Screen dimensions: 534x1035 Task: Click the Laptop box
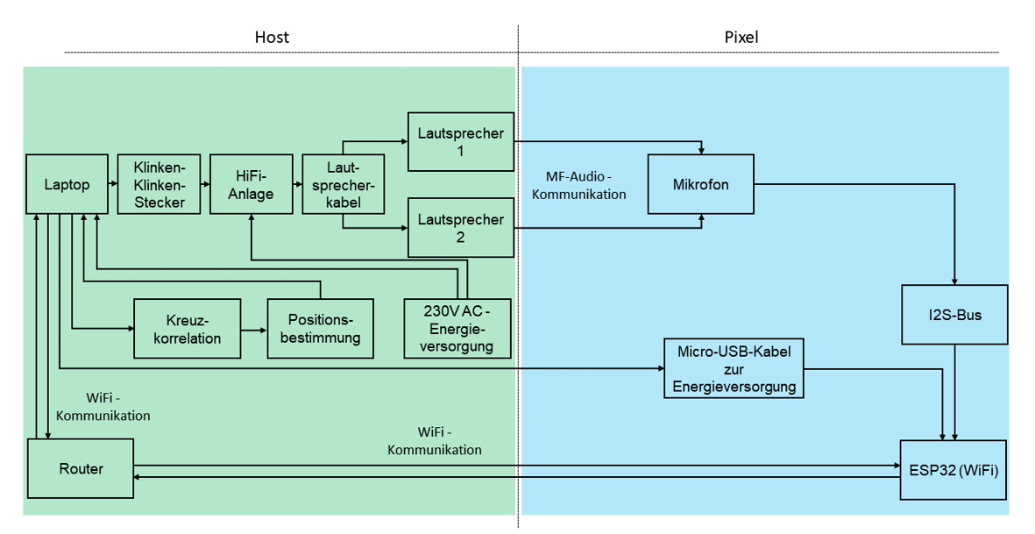pyautogui.click(x=67, y=184)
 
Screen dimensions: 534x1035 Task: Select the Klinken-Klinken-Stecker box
pyautogui.click(x=159, y=184)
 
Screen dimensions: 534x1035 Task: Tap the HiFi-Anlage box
pyautogui.click(x=251, y=184)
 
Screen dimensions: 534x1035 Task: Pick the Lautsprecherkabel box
pyautogui.click(x=343, y=184)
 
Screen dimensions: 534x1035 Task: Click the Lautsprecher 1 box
pyautogui.click(x=460, y=141)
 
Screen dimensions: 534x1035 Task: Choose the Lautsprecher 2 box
pyautogui.click(x=460, y=227)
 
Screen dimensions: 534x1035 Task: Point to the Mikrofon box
pyautogui.click(x=700, y=184)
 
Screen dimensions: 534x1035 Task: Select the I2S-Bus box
pyautogui.click(x=954, y=314)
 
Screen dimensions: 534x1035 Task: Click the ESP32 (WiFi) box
pyautogui.click(x=954, y=469)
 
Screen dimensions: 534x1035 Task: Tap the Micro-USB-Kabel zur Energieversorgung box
pyautogui.click(x=734, y=368)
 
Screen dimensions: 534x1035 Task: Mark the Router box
pyautogui.click(x=81, y=469)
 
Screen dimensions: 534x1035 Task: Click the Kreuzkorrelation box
pyautogui.click(x=187, y=329)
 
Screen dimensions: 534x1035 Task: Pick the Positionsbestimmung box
pyautogui.click(x=320, y=329)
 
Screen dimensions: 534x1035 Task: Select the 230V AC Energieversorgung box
pyautogui.click(x=457, y=329)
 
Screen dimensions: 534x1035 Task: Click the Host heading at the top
pyautogui.click(x=272, y=38)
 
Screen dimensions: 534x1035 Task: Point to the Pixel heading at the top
pyautogui.click(x=741, y=38)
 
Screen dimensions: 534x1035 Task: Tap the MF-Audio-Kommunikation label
pyautogui.click(x=578, y=186)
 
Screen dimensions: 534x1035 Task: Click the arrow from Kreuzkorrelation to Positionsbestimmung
pyautogui.click(x=253, y=331)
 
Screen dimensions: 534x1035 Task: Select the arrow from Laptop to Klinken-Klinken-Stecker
pyautogui.click(x=113, y=184)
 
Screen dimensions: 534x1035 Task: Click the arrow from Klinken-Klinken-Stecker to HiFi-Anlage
pyautogui.click(x=205, y=184)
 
